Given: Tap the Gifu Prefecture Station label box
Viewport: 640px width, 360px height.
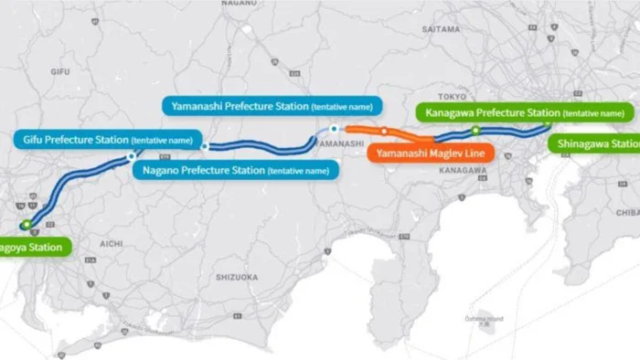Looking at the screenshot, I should (104, 140).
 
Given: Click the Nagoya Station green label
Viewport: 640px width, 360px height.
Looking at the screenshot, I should (33, 247).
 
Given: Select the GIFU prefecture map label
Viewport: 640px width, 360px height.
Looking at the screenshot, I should (60, 70).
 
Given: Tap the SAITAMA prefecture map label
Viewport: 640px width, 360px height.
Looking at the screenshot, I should (442, 29).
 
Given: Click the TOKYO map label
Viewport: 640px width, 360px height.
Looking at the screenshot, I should (453, 95).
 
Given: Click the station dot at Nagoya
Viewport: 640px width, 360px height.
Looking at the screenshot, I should (27, 224).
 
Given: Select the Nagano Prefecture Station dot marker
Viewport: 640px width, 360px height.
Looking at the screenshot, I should (206, 146).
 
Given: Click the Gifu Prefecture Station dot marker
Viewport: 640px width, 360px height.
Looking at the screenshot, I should (132, 157).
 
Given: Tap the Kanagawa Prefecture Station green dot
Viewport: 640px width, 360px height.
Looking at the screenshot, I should (475, 131).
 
